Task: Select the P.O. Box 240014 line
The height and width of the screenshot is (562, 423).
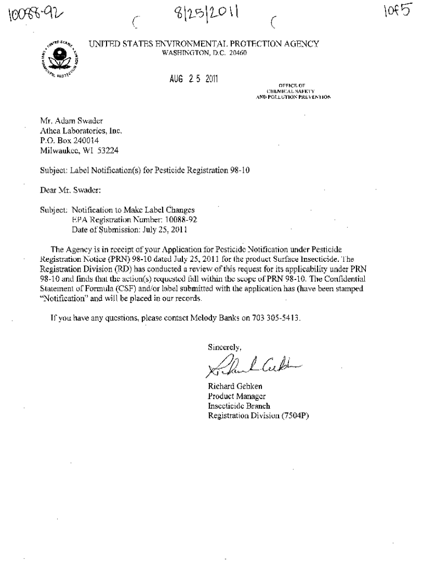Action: [x=70, y=140]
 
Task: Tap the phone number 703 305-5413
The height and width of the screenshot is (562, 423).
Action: [x=276, y=318]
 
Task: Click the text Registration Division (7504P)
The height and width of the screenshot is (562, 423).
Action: [x=258, y=416]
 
